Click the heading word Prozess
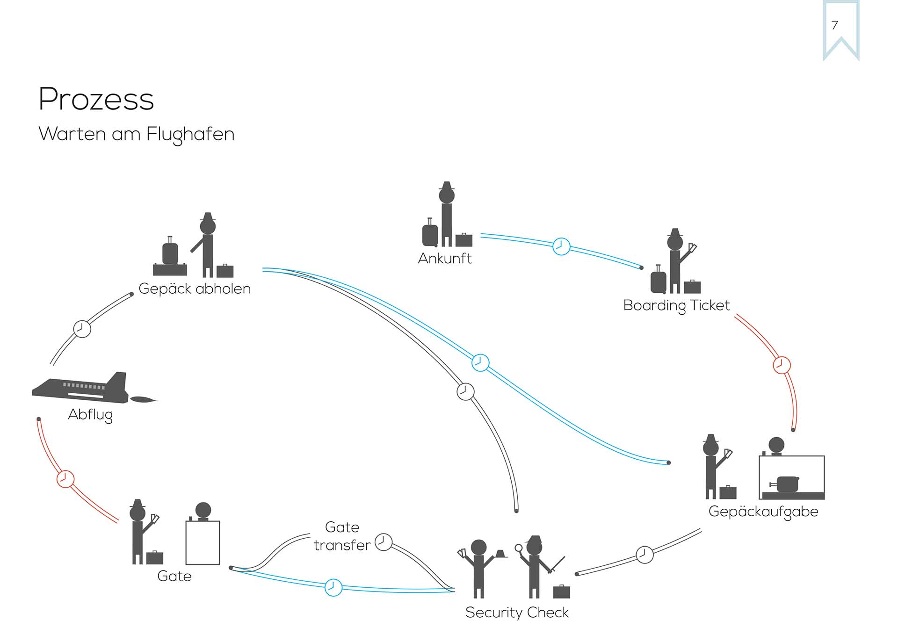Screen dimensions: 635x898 tap(96, 99)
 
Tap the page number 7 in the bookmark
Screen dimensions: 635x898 tap(835, 25)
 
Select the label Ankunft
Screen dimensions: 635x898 tap(444, 259)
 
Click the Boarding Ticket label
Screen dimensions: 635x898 tap(676, 305)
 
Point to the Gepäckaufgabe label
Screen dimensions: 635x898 tap(763, 512)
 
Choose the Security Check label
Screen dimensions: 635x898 tap(517, 613)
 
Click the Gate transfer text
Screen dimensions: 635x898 tap(342, 536)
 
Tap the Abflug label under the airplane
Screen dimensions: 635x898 tap(90, 415)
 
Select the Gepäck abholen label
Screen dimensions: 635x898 tap(195, 289)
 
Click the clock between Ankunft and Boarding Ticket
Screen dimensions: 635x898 tap(561, 246)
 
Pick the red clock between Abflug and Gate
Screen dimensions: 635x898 tap(65, 479)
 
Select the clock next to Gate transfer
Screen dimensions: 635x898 tap(384, 542)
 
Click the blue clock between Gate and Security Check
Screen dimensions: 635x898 tap(333, 587)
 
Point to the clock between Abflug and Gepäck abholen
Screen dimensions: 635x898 tap(82, 329)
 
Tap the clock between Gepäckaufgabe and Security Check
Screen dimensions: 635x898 tap(645, 555)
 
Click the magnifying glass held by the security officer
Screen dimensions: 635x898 tap(518, 548)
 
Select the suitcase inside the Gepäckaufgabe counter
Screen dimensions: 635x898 tap(787, 484)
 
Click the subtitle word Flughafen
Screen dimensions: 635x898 tap(190, 135)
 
